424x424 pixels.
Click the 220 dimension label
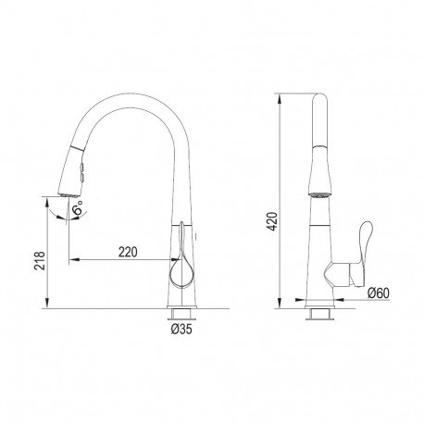click(x=128, y=253)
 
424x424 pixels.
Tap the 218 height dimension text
click(x=40, y=261)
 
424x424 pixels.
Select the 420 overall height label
click(x=272, y=221)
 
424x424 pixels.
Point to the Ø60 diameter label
click(x=379, y=293)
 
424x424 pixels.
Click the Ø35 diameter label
click(x=181, y=330)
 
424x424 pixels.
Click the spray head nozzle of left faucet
click(x=69, y=194)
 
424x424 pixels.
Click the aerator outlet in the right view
click(x=320, y=194)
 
